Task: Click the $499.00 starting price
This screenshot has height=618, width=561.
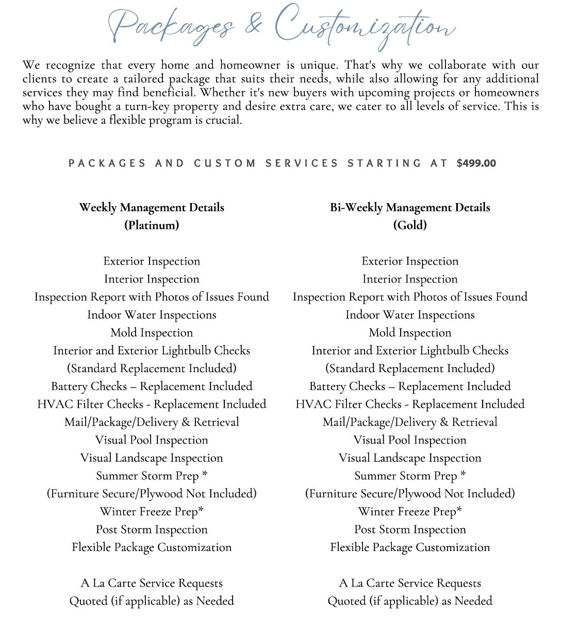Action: (x=476, y=163)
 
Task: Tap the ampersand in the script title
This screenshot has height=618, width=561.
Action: (x=253, y=26)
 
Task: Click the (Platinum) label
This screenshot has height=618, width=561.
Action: (x=152, y=225)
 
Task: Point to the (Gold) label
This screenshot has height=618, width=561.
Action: (x=410, y=225)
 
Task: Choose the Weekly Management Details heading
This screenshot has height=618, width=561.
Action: (x=152, y=208)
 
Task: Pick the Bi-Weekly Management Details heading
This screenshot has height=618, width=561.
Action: (x=410, y=208)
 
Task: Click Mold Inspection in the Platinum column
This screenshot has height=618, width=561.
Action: (x=152, y=333)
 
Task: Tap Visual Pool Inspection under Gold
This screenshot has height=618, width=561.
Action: (x=410, y=440)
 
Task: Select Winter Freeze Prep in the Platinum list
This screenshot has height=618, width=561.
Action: (x=152, y=512)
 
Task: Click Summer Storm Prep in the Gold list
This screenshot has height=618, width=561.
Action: (x=410, y=476)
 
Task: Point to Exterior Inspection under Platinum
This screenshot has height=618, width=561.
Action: (x=152, y=261)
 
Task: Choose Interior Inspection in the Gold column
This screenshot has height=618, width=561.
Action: (x=410, y=279)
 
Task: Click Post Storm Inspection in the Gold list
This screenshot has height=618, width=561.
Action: (x=410, y=530)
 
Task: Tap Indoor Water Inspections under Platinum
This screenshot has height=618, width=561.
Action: (x=152, y=315)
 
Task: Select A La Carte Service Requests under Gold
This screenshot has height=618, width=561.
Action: (x=410, y=583)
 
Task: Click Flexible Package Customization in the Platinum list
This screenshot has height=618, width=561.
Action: (x=152, y=547)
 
